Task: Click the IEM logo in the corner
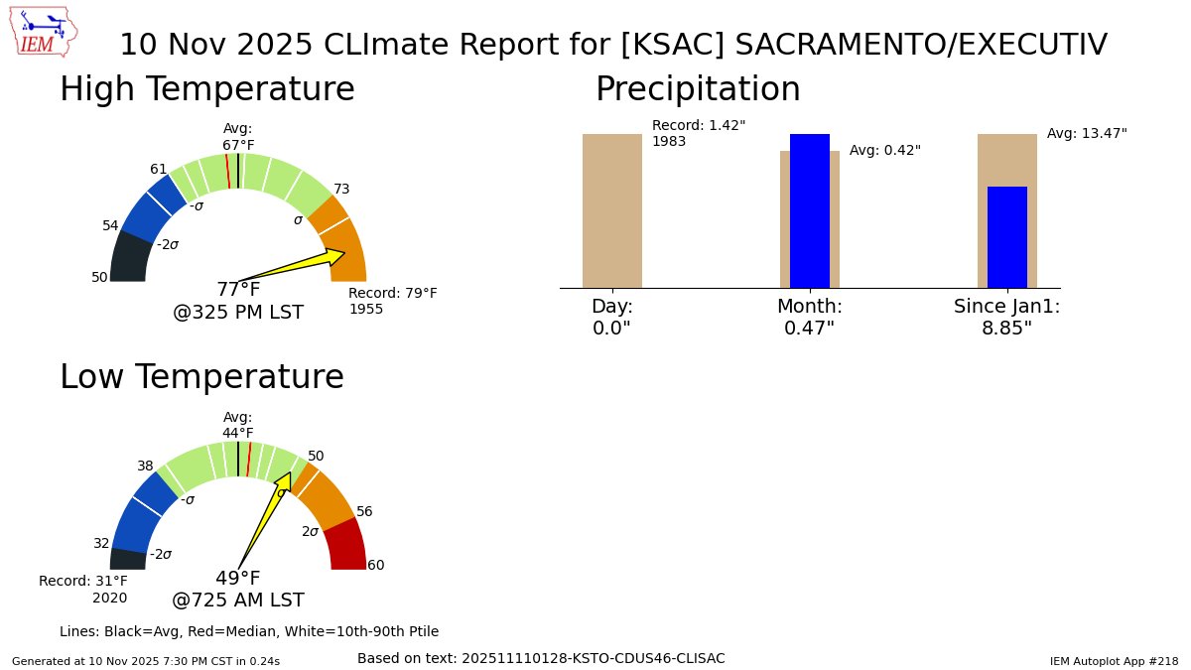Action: [46, 32]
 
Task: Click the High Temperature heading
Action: [206, 90]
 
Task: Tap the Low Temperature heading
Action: [201, 378]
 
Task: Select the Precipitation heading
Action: [697, 90]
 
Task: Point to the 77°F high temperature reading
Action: [238, 290]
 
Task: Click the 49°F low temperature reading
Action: [238, 579]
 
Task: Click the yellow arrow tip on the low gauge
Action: [287, 475]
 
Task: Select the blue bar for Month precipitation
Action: [810, 210]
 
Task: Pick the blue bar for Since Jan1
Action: [1006, 237]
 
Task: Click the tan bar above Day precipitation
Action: [612, 210]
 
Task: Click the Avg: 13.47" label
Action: [1087, 133]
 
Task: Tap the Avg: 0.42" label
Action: [885, 151]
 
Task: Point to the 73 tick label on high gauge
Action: [341, 190]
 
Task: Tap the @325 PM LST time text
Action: [238, 313]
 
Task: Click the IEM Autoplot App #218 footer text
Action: [1114, 661]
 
